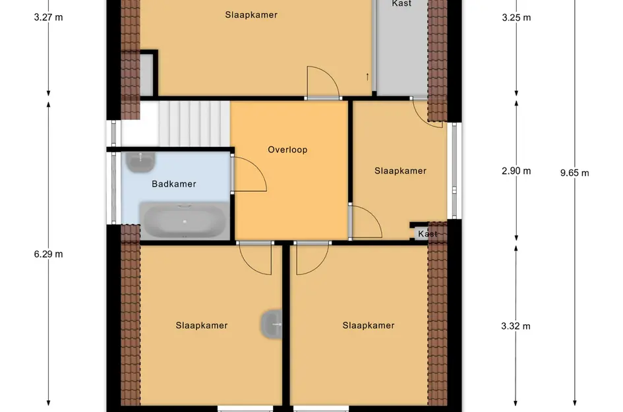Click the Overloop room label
pyautogui.click(x=287, y=150)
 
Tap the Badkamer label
pyautogui.click(x=174, y=184)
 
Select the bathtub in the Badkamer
pyautogui.click(x=185, y=221)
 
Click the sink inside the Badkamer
pyautogui.click(x=140, y=162)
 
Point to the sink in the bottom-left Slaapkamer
pyautogui.click(x=272, y=324)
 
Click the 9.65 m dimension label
pyautogui.click(x=574, y=173)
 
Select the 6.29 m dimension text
pyautogui.click(x=49, y=254)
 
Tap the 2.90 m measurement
pyautogui.click(x=516, y=171)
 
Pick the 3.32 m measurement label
pyautogui.click(x=516, y=326)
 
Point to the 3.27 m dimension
pyautogui.click(x=49, y=18)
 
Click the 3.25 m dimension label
pyautogui.click(x=516, y=18)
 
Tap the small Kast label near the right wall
pyautogui.click(x=427, y=233)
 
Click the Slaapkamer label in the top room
pyautogui.click(x=251, y=15)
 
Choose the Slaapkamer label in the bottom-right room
pyautogui.click(x=369, y=326)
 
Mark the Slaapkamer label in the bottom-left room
pyautogui.click(x=202, y=326)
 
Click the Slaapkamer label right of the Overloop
pyautogui.click(x=400, y=171)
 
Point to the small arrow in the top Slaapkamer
pyautogui.click(x=367, y=76)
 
